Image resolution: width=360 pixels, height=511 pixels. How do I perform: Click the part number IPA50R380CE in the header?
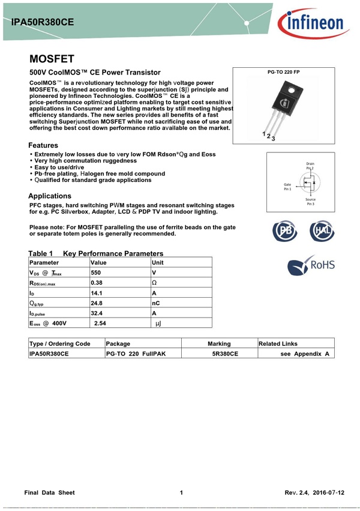click(x=43, y=22)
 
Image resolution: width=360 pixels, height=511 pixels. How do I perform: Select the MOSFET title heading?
click(x=52, y=59)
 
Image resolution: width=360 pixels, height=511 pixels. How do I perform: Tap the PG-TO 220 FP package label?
click(x=283, y=72)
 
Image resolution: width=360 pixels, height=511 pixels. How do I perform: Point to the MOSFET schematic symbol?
click(x=310, y=183)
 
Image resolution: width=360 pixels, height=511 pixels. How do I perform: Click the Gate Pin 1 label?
click(x=287, y=187)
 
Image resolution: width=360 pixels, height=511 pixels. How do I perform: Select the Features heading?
click(x=43, y=145)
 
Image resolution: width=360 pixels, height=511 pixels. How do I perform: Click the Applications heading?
click(x=50, y=196)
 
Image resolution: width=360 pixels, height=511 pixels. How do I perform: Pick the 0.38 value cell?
click(x=97, y=282)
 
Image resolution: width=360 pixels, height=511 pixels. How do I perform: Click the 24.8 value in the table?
click(x=97, y=303)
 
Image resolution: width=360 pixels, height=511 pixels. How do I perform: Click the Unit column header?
click(x=158, y=262)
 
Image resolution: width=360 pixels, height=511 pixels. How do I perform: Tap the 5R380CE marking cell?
click(x=225, y=354)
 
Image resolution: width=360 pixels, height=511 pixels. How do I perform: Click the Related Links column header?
click(x=278, y=343)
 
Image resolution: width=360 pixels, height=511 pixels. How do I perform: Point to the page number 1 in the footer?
click(x=181, y=492)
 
